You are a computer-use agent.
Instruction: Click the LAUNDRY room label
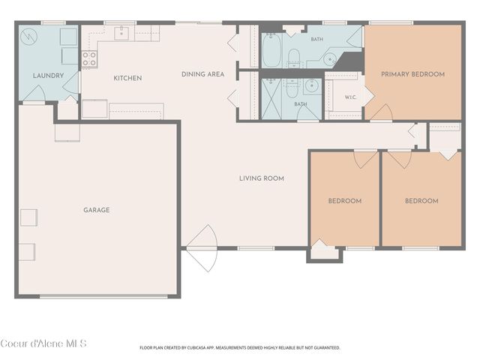(48, 76)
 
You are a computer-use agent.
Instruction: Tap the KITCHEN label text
(127, 78)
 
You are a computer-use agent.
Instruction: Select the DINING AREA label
(203, 74)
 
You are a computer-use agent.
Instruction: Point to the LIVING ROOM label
(262, 178)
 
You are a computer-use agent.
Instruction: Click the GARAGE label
(97, 210)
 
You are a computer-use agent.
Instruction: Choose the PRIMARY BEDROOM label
(412, 74)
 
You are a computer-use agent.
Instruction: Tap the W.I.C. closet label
(350, 97)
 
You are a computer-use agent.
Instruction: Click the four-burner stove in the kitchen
(90, 58)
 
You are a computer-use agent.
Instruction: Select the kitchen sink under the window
(121, 33)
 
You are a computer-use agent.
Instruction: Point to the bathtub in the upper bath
(271, 50)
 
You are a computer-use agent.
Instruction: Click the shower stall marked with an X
(271, 98)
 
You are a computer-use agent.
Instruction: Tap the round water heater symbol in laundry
(28, 37)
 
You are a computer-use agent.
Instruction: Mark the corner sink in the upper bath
(330, 58)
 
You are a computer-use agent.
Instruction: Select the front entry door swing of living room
(202, 248)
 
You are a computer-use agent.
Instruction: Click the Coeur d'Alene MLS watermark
(43, 343)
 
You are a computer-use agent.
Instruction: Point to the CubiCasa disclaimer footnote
(240, 348)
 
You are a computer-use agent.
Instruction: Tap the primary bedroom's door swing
(381, 112)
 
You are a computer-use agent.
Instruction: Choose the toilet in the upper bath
(294, 57)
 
